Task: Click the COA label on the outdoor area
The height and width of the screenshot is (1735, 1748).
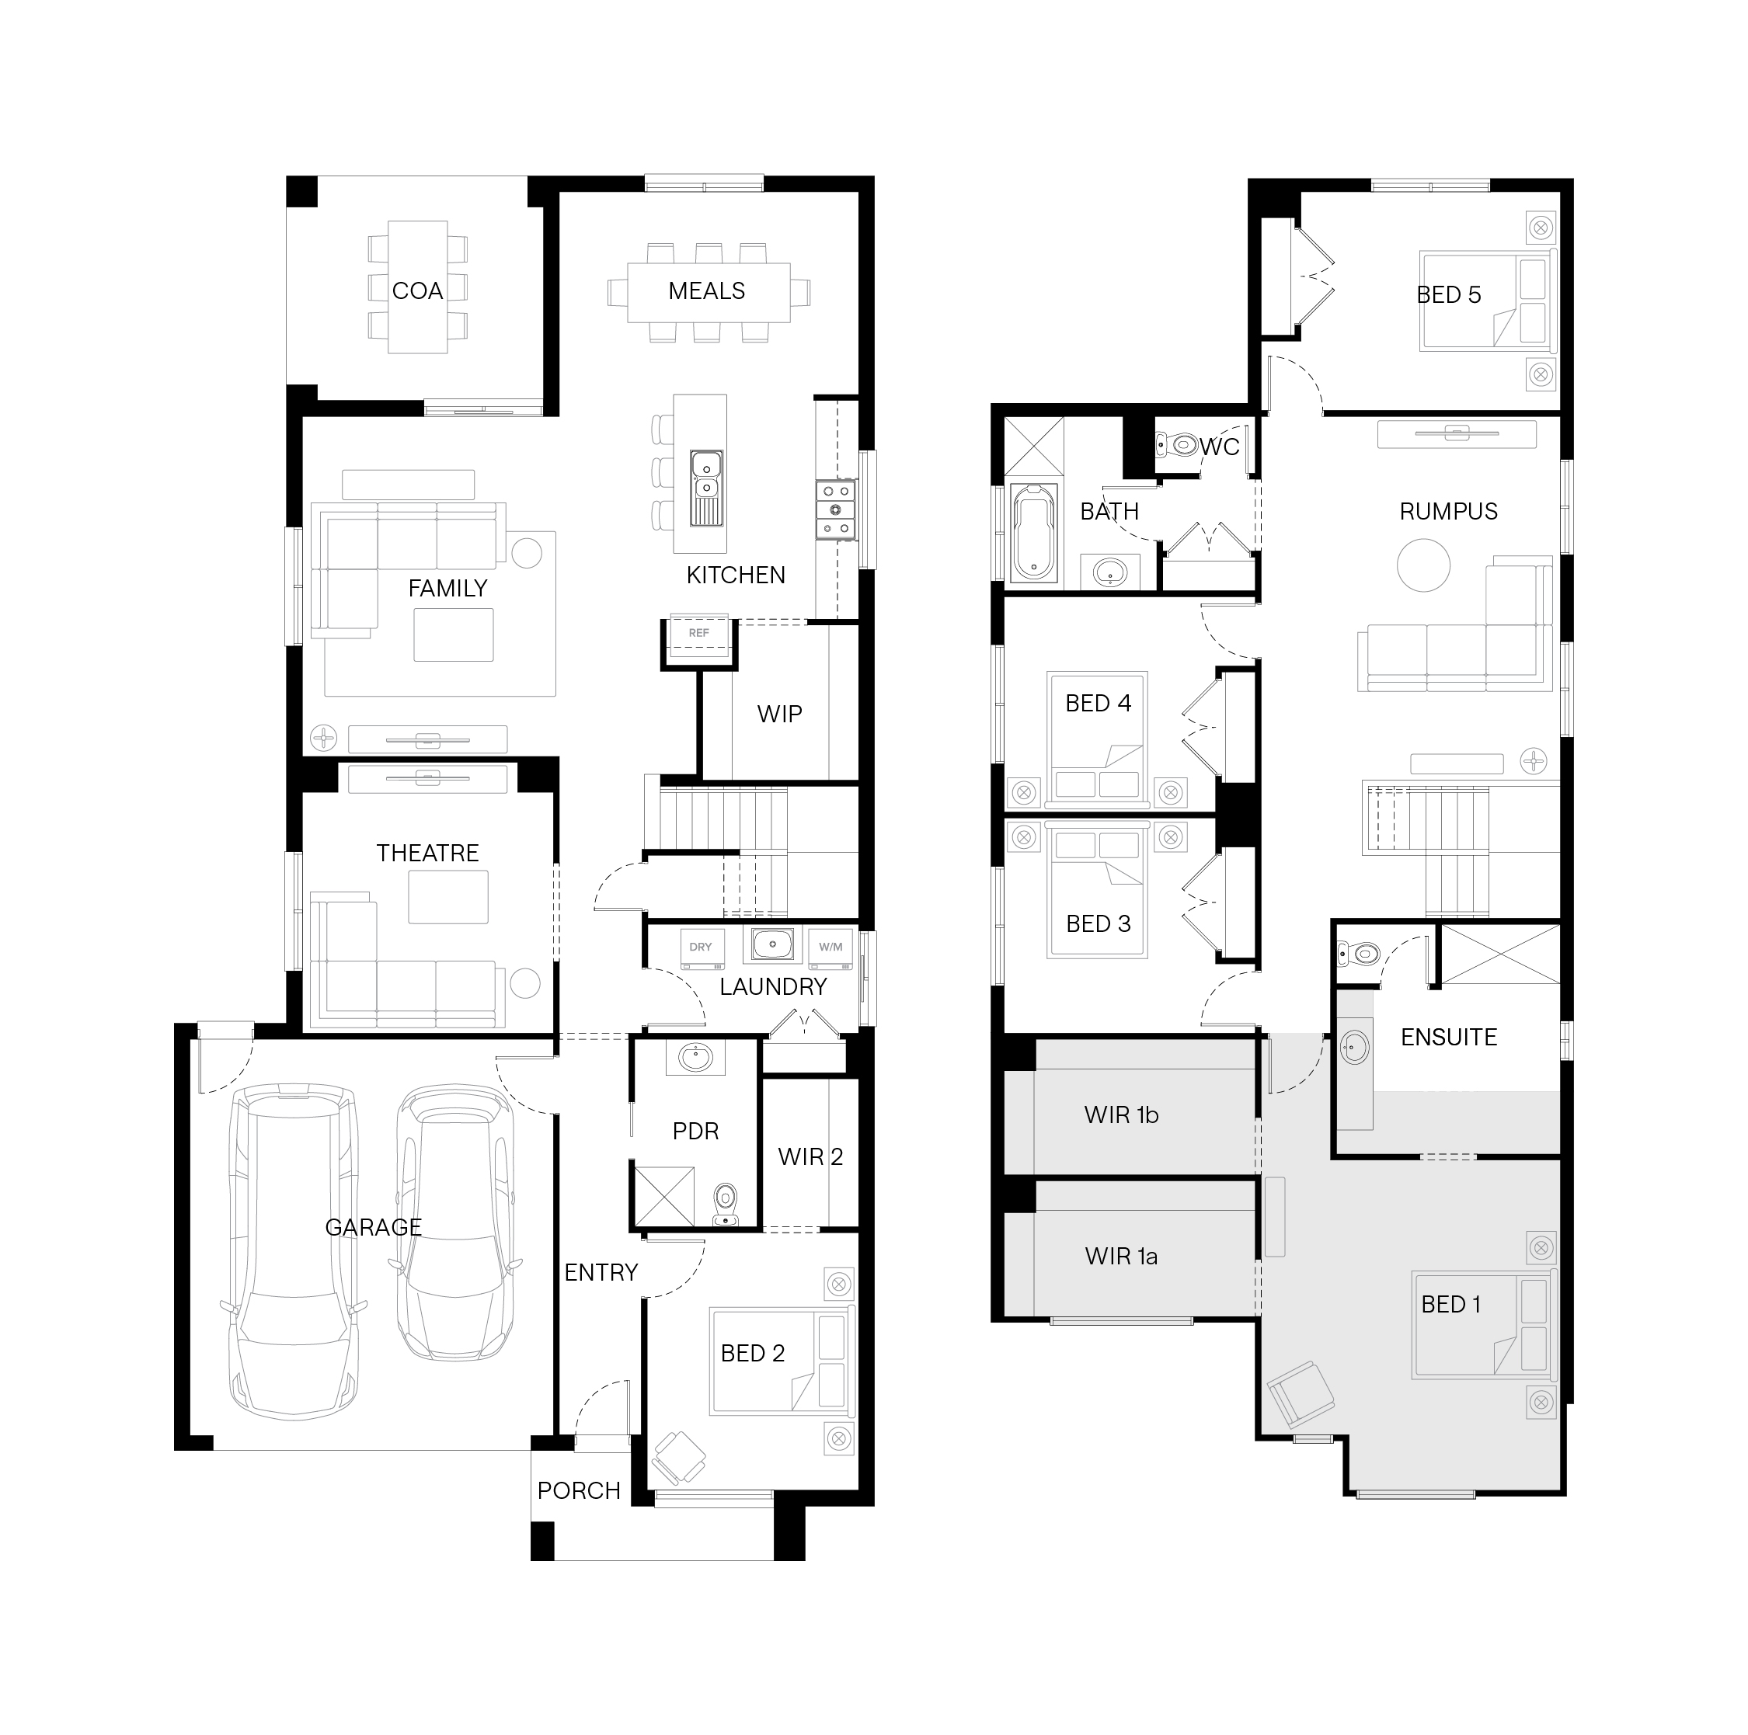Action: [x=417, y=291]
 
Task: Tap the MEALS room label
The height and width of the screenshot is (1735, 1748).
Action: [x=707, y=291]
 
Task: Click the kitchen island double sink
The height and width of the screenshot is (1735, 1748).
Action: [x=705, y=489]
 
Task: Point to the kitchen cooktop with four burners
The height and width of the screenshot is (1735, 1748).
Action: [x=835, y=510]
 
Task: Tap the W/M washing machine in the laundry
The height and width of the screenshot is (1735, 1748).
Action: [x=830, y=949]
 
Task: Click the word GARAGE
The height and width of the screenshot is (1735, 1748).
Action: [x=374, y=1228]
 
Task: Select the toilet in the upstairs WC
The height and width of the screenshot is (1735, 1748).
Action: [x=1177, y=444]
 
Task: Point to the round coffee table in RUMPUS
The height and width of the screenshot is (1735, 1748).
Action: [x=1423, y=565]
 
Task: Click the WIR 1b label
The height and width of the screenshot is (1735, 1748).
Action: [x=1121, y=1115]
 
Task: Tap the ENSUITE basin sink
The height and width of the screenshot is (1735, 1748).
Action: [x=1354, y=1048]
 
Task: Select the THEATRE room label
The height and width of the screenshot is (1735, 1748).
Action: [x=427, y=853]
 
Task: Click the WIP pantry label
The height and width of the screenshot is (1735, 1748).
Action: [x=779, y=715]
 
